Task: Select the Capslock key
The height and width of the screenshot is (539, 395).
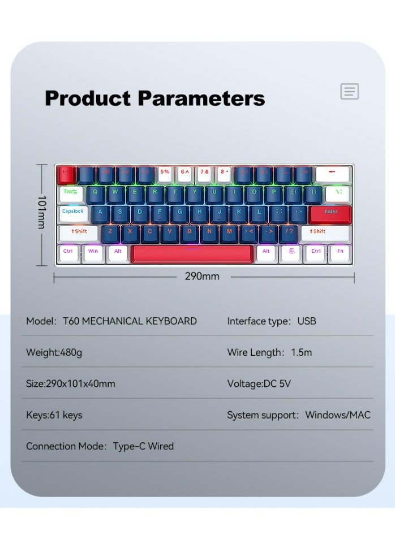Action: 73,212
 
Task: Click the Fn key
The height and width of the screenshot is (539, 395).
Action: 340,252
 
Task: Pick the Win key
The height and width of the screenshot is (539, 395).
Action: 93,252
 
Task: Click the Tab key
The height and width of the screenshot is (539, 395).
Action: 71,192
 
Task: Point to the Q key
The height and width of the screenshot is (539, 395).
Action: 95,192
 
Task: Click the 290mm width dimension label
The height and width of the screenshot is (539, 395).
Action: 202,277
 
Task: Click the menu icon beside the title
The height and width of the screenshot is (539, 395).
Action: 350,91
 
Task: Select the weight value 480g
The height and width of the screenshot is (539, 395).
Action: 71,352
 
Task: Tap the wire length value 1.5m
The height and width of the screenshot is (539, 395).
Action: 301,352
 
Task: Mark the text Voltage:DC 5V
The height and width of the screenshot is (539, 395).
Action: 259,383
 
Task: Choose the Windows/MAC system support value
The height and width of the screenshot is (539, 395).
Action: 338,415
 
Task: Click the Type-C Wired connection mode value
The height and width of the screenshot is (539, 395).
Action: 143,446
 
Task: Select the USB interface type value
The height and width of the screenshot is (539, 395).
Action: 307,321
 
